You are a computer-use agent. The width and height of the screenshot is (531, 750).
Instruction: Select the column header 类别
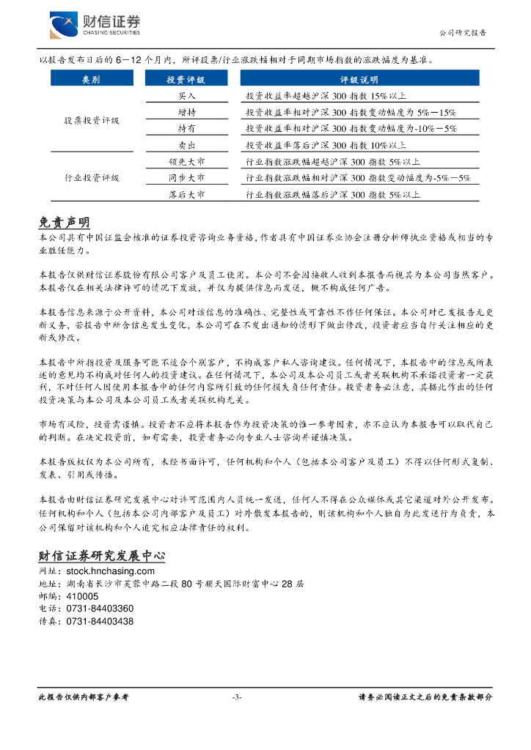pyautogui.click(x=92, y=79)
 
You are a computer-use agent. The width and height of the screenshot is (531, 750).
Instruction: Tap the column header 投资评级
pyautogui.click(x=186, y=79)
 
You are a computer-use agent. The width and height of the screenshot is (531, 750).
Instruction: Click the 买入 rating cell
pyautogui.click(x=186, y=96)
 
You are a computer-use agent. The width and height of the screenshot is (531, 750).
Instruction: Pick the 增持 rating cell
pyautogui.click(x=186, y=112)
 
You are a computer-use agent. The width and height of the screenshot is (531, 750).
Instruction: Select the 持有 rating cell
pyautogui.click(x=186, y=128)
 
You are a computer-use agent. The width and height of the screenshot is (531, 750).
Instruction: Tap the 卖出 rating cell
pyautogui.click(x=186, y=145)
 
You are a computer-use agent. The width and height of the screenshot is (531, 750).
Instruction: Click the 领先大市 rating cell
pyautogui.click(x=186, y=162)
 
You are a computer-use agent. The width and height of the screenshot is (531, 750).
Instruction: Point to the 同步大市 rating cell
pyautogui.click(x=186, y=178)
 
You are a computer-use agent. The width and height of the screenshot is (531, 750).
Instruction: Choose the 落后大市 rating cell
pyautogui.click(x=186, y=195)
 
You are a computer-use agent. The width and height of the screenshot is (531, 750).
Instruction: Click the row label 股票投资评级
pyautogui.click(x=92, y=120)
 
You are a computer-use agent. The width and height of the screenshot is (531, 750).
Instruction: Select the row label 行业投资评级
pyautogui.click(x=92, y=178)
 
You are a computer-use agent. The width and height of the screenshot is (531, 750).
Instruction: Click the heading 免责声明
pyautogui.click(x=64, y=223)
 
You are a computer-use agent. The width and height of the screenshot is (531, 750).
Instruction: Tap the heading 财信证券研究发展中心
pyautogui.click(x=101, y=556)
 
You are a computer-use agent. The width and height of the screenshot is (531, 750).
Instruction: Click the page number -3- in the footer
pyautogui.click(x=236, y=697)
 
